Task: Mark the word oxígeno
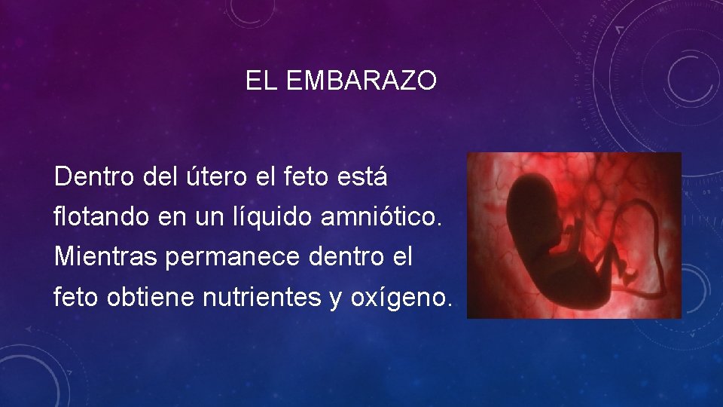coord(401,298)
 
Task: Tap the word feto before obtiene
coord(76,297)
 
